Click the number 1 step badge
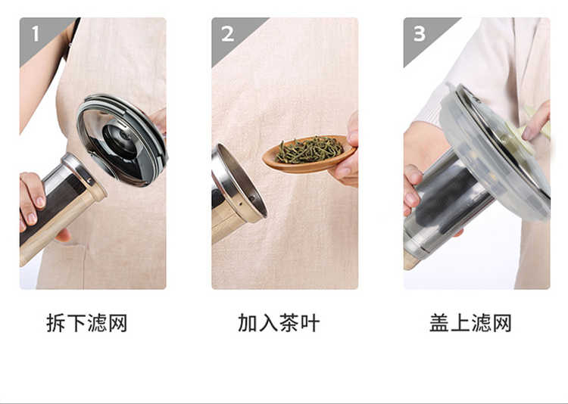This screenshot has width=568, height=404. coord(35,34)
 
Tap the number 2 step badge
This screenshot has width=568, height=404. coord(227,34)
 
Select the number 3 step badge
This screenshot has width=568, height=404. coord(419,34)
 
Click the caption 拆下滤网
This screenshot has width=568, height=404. coord(86,323)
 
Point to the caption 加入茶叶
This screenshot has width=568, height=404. coord(279,323)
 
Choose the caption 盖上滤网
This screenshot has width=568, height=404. coord(470,323)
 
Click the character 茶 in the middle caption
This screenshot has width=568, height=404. coord(289,323)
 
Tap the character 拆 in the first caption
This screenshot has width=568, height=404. coord(56,323)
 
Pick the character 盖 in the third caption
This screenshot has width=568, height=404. coord(439,323)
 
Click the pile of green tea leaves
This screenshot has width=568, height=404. coord(309,149)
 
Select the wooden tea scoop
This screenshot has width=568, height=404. coord(309,154)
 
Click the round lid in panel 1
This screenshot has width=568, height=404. coord(122,140)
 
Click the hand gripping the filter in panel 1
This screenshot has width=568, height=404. coord(32,198)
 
